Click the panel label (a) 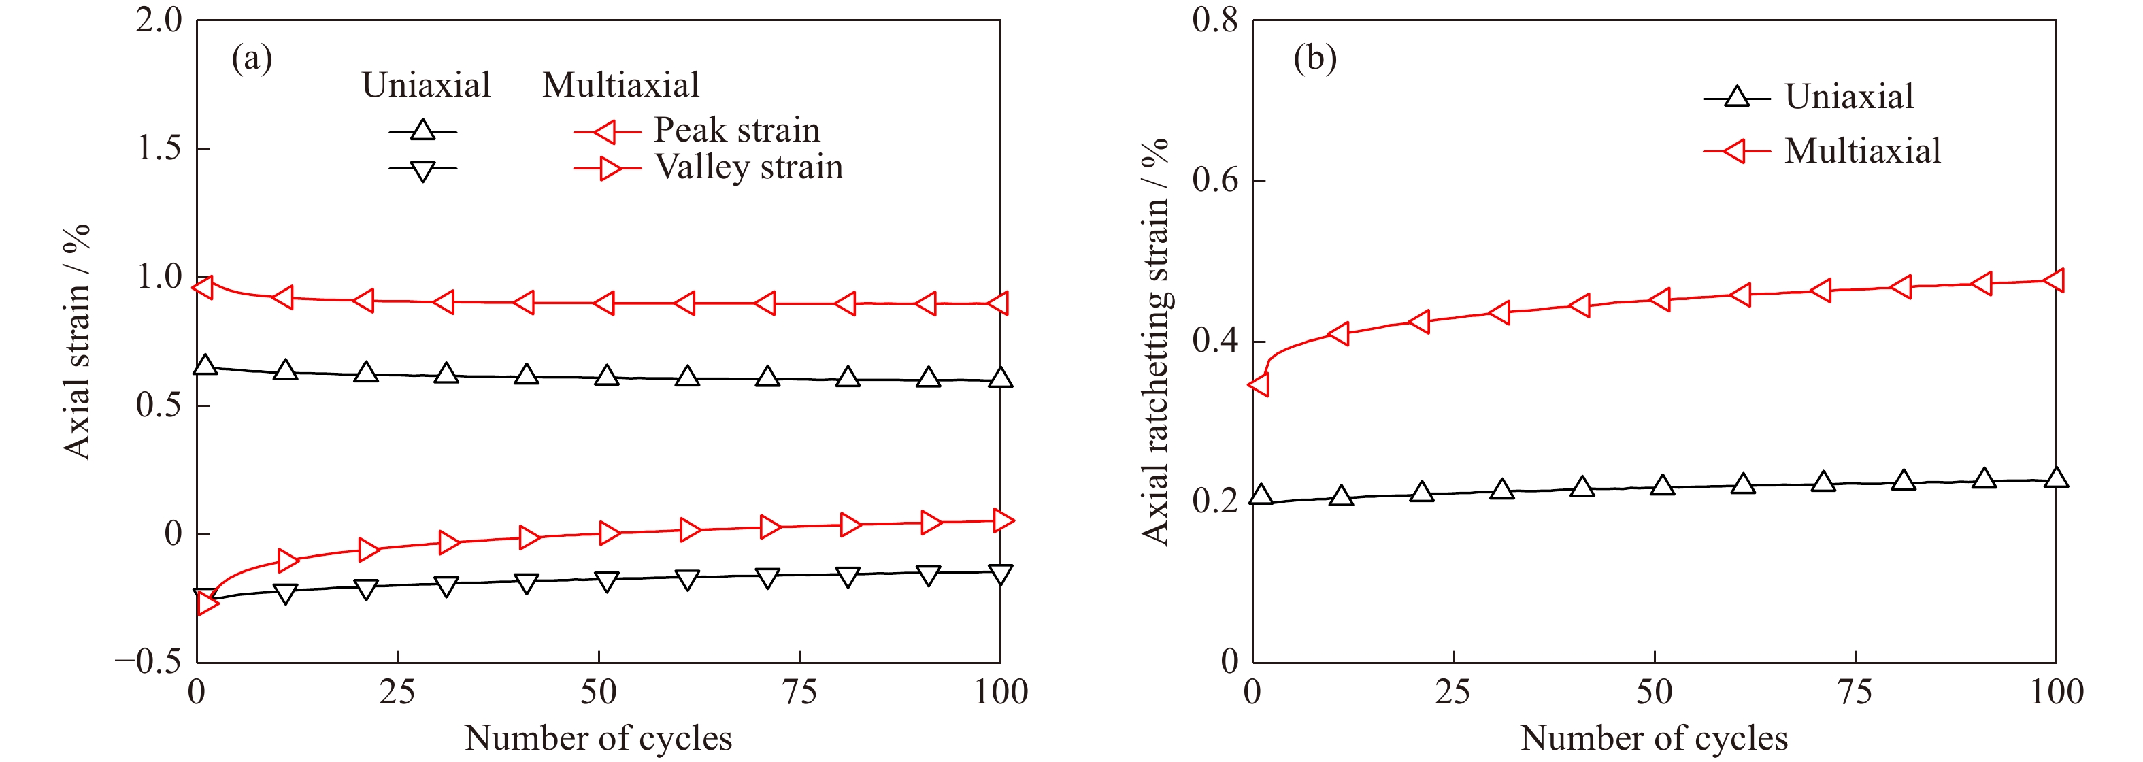click(x=251, y=59)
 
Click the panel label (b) click(x=1314, y=59)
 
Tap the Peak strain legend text click(x=736, y=130)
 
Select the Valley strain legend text click(x=749, y=167)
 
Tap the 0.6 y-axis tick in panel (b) click(x=1216, y=180)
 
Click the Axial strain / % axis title click(x=76, y=341)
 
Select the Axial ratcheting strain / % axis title click(x=1156, y=341)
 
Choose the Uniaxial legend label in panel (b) click(x=1848, y=97)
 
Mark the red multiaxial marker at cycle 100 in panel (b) click(x=2053, y=280)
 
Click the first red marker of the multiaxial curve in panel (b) click(x=1259, y=384)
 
